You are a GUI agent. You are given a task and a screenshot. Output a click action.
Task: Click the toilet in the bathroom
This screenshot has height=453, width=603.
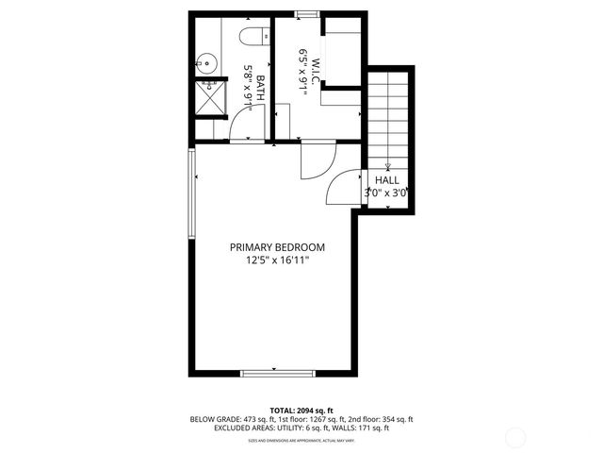[250, 38]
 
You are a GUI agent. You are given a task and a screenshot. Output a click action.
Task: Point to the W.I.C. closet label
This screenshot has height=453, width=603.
[318, 69]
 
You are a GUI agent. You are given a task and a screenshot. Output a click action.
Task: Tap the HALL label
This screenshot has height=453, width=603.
[386, 179]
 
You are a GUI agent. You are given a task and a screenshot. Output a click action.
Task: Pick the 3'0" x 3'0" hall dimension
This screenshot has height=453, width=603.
[386, 193]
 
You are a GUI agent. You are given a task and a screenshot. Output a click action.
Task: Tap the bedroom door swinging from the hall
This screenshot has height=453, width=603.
[343, 189]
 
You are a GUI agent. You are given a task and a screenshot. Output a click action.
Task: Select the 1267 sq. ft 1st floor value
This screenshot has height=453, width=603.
[316, 419]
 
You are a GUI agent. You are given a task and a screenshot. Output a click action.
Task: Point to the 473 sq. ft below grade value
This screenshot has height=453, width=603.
[249, 419]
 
